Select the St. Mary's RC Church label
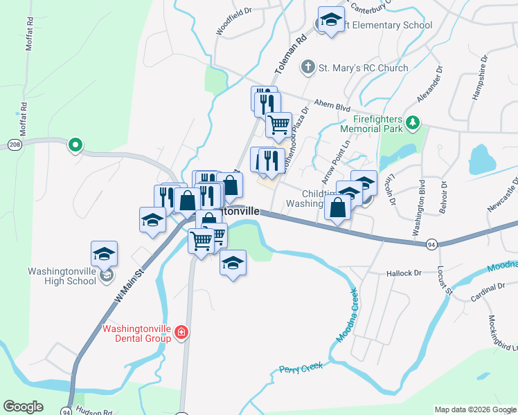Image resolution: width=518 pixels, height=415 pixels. click(x=363, y=68)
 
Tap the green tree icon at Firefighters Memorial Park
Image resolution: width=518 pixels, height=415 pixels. click(x=413, y=122)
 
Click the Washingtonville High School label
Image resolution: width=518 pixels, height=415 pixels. click(x=62, y=276)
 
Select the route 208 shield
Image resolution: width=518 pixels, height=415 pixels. click(x=15, y=144)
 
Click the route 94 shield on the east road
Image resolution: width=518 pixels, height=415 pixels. click(x=431, y=244)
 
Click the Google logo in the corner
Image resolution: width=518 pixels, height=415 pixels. click(x=23, y=407)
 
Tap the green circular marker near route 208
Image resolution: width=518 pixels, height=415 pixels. click(x=75, y=145)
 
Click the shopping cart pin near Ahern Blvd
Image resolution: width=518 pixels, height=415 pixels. click(x=278, y=124)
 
